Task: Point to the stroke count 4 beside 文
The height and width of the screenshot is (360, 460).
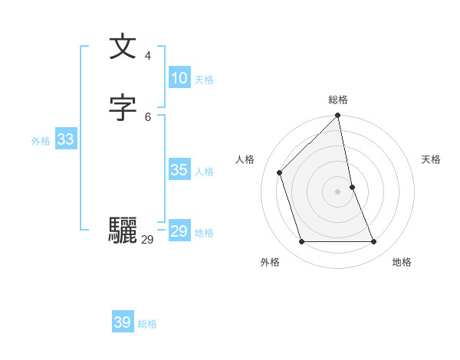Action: pyautogui.click(x=148, y=55)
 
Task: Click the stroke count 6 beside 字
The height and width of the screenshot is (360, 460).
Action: pyautogui.click(x=148, y=116)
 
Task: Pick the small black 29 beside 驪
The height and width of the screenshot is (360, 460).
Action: pyautogui.click(x=147, y=240)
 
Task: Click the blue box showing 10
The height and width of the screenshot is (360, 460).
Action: pyautogui.click(x=179, y=78)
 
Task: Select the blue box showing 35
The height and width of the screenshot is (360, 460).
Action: pyautogui.click(x=179, y=170)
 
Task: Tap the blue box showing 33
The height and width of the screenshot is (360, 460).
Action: pyautogui.click(x=65, y=139)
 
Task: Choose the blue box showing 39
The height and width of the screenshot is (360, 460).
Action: pyautogui.click(x=122, y=322)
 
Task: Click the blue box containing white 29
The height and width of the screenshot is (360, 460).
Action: pyautogui.click(x=179, y=231)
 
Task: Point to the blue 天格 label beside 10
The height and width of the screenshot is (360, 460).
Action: pyautogui.click(x=204, y=80)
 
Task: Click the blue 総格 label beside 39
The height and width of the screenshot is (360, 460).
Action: pyautogui.click(x=147, y=324)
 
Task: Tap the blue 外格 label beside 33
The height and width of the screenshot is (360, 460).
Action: pyautogui.click(x=40, y=141)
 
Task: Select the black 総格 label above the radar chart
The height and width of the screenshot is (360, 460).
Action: pyautogui.click(x=338, y=100)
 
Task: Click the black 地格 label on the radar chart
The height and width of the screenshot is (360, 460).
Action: pyautogui.click(x=402, y=262)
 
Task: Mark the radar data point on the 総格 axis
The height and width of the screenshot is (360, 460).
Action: pyautogui.click(x=338, y=116)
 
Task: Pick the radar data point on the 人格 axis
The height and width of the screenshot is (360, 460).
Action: pyautogui.click(x=280, y=172)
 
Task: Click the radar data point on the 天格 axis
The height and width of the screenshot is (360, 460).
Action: pyautogui.click(x=352, y=187)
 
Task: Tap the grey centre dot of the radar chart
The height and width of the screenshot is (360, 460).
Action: pyautogui.click(x=338, y=191)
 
